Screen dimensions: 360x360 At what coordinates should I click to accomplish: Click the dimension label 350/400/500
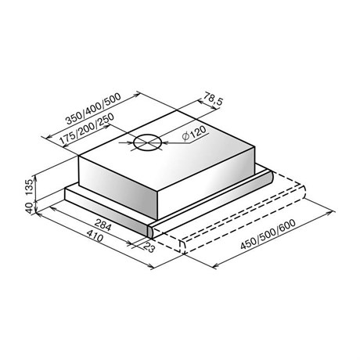(x=93, y=109)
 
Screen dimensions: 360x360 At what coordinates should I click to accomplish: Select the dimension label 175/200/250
(x=87, y=129)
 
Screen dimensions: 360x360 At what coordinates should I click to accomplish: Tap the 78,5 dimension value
(x=213, y=99)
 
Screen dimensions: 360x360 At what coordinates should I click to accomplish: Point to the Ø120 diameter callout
(x=194, y=133)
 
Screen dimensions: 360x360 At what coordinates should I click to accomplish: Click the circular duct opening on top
(x=148, y=143)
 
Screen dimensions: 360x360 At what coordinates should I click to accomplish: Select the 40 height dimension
(x=30, y=208)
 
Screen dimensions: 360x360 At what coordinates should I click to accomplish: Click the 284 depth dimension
(x=103, y=225)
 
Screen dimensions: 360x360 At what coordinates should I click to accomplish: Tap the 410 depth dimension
(x=95, y=237)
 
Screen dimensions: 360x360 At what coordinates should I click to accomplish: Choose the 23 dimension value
(x=149, y=247)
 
